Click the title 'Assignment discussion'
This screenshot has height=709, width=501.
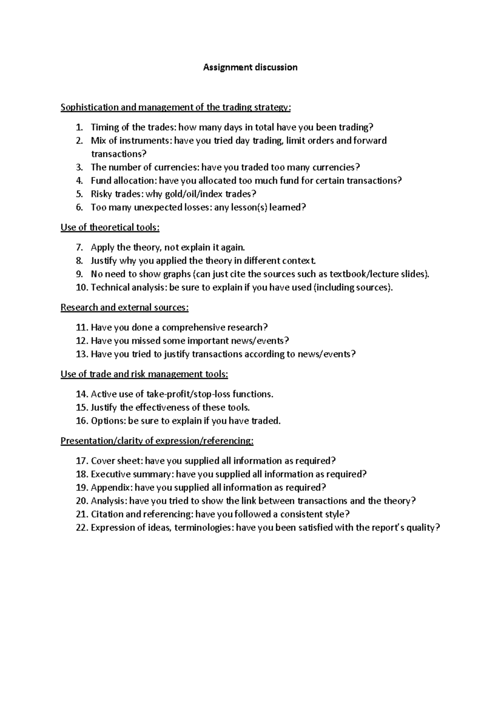coord(250,67)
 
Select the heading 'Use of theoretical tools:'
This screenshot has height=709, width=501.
coord(110,228)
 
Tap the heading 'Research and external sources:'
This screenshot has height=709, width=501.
coord(124,308)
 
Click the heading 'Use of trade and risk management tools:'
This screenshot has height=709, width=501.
coord(144,374)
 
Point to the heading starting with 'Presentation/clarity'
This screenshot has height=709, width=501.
coord(157,441)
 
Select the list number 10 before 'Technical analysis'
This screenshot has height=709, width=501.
coord(82,288)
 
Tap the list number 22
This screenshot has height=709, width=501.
coord(82,528)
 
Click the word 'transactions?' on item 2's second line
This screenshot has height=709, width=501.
coord(119,154)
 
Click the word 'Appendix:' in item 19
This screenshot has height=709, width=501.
coord(111,488)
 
